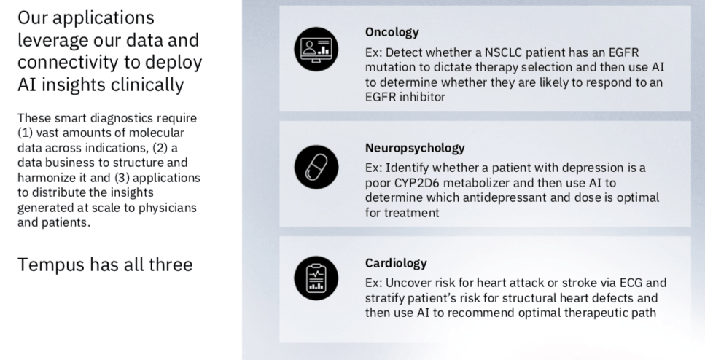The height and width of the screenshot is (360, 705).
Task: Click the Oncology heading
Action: tap(392, 32)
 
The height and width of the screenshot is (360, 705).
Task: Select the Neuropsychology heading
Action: tap(415, 148)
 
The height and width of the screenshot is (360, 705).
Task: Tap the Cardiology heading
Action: tap(396, 263)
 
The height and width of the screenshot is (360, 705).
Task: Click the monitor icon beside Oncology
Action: tap(316, 49)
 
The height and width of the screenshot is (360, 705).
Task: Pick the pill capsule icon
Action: tap(316, 167)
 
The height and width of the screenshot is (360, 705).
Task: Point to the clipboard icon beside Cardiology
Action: tap(316, 278)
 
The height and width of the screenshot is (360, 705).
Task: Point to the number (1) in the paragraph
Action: tap(26, 133)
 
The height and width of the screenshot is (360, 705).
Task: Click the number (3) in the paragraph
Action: tap(122, 178)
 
